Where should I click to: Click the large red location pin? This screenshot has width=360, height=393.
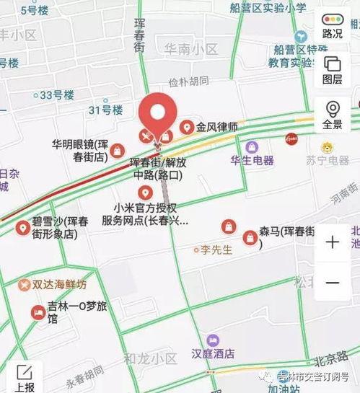click(159, 114)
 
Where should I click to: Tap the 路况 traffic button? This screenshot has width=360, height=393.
click(333, 25)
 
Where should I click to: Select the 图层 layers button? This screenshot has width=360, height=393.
click(333, 69)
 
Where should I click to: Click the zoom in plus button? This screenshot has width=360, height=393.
click(333, 242)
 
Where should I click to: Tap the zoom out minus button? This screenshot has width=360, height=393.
click(333, 283)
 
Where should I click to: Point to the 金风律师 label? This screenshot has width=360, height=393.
click(219, 128)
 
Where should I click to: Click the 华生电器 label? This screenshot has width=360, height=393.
click(252, 160)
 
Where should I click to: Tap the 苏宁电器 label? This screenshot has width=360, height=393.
click(327, 160)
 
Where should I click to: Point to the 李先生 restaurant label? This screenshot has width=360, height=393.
click(216, 250)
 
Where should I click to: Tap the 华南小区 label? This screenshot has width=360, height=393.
click(190, 49)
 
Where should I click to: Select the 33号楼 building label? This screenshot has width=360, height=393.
click(57, 94)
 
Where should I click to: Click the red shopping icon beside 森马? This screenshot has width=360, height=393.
click(250, 237)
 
